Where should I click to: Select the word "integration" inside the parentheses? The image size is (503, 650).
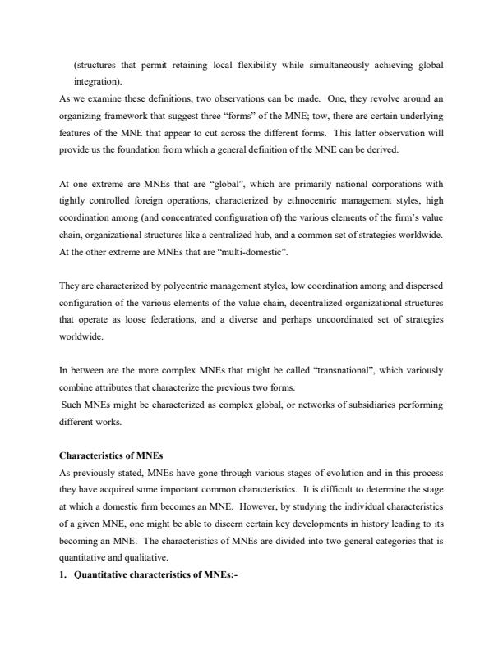click(x=97, y=82)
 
